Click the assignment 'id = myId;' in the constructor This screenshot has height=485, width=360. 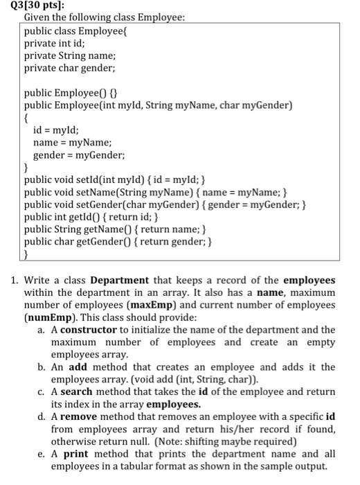(56, 130)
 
